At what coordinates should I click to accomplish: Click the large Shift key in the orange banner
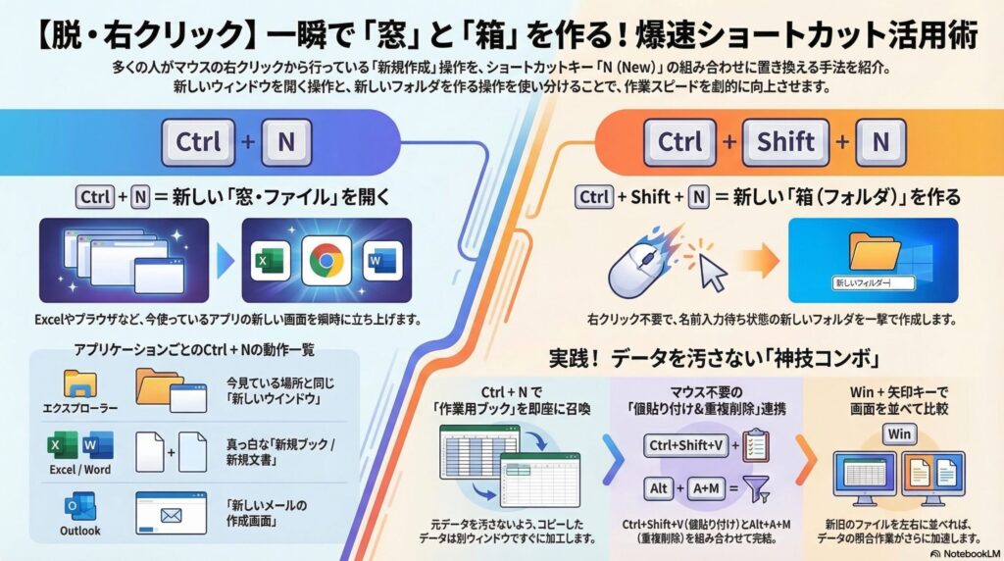786,142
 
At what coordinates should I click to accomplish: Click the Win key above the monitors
899,433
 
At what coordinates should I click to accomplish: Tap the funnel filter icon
755,487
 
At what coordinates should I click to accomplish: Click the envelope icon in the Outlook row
171,512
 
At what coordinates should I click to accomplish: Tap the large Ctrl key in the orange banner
679,142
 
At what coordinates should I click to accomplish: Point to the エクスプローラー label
79,406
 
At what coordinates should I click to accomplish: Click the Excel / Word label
79,469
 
